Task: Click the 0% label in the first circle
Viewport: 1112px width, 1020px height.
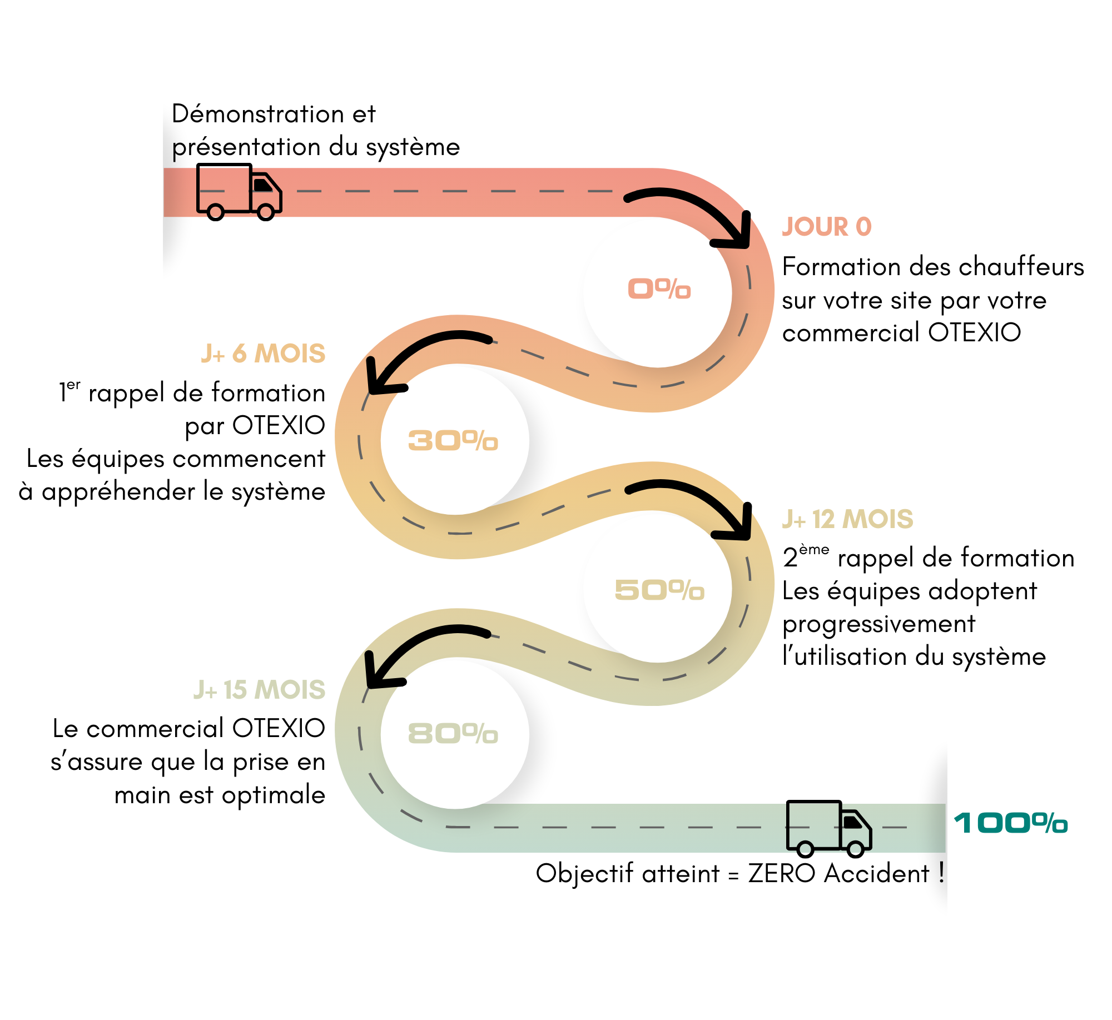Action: (659, 289)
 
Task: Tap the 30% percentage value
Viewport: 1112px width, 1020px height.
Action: (453, 441)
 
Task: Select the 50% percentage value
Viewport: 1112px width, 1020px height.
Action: (659, 590)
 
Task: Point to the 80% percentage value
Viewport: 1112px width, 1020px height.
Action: (453, 734)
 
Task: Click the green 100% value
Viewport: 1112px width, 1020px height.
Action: (1011, 823)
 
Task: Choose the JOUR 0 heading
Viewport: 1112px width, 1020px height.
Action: (827, 227)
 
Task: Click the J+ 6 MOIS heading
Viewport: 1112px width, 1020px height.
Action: (263, 354)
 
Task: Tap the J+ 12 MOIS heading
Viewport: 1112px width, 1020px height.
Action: (847, 519)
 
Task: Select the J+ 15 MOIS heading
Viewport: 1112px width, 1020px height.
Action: (259, 690)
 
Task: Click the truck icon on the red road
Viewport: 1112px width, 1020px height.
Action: (239, 192)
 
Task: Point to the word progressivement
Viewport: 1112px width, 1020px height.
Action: (878, 624)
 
